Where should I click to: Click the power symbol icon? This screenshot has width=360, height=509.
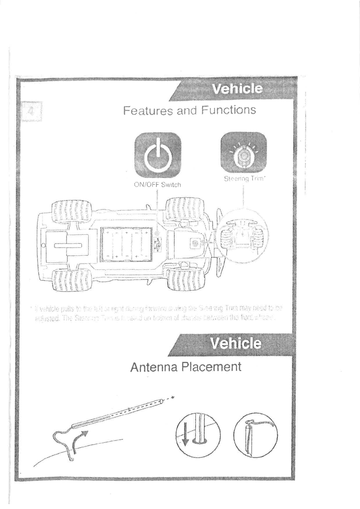tap(158, 155)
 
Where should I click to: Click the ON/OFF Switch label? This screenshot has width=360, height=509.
tap(157, 184)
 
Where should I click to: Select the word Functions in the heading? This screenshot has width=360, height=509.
tap(229, 109)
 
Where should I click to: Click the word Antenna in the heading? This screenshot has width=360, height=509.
tap(153, 367)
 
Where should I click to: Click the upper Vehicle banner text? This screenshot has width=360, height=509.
tap(237, 89)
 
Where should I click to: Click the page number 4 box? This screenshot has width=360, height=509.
tap(31, 111)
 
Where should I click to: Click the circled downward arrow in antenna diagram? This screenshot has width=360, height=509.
tap(186, 435)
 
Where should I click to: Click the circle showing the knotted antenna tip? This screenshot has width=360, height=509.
tap(256, 435)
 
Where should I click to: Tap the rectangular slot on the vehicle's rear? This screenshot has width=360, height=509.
tap(68, 245)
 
